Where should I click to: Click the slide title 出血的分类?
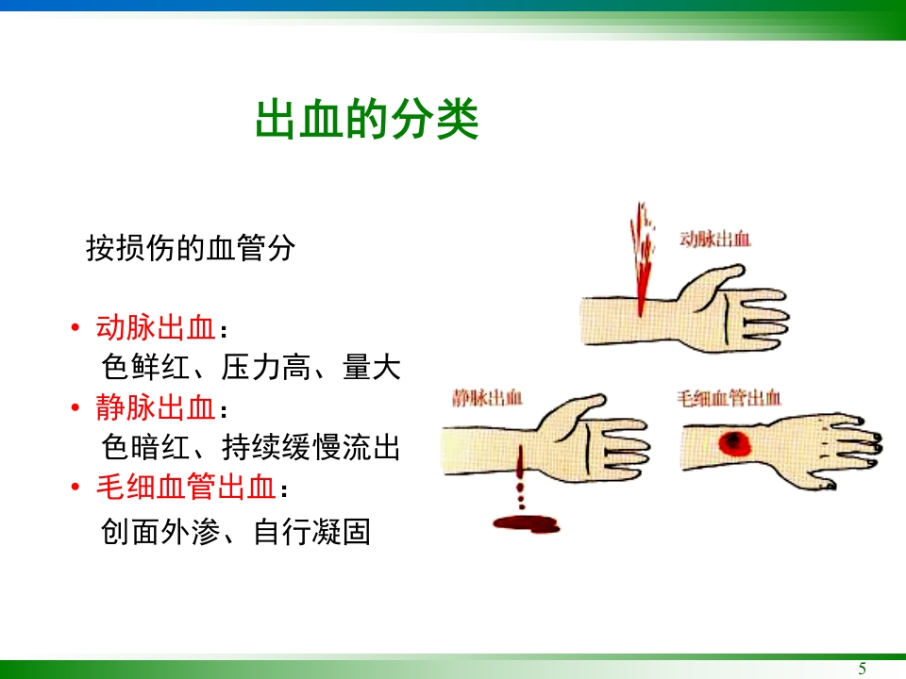tap(367, 121)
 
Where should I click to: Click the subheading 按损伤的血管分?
tap(191, 248)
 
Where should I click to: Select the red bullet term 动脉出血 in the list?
tap(157, 328)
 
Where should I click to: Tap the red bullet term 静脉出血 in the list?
tap(157, 408)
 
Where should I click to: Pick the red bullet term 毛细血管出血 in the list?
tap(187, 488)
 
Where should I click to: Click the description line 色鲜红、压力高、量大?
tap(250, 367)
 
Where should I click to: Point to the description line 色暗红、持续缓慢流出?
tap(250, 447)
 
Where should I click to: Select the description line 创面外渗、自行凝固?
tap(235, 532)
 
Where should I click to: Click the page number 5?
tap(862, 669)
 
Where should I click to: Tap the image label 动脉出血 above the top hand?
tap(716, 240)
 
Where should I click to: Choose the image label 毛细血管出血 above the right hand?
tap(729, 398)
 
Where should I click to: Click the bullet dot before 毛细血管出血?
tap(75, 488)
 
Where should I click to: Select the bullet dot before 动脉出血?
tap(75, 329)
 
